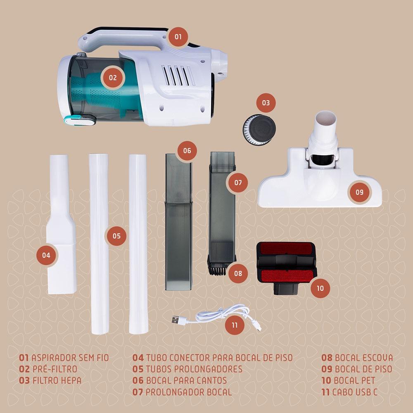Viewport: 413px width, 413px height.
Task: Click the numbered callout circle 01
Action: pos(178,37)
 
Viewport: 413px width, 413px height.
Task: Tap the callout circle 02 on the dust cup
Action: pos(113,78)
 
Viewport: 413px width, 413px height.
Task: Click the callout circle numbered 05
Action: pos(116,236)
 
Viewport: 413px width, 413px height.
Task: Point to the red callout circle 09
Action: pos(360,192)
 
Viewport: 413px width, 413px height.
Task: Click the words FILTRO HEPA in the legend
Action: pos(57,381)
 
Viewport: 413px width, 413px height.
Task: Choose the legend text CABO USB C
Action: pos(354,392)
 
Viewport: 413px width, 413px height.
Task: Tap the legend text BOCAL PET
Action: pos(354,380)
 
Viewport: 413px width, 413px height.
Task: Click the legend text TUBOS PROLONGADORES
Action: pos(194,369)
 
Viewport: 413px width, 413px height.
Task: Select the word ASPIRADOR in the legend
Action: pos(54,358)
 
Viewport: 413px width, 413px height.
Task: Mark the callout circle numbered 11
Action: pos(235,325)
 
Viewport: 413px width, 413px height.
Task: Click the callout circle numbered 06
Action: pos(187,151)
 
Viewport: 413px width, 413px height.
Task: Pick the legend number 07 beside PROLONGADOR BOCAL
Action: pos(138,392)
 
